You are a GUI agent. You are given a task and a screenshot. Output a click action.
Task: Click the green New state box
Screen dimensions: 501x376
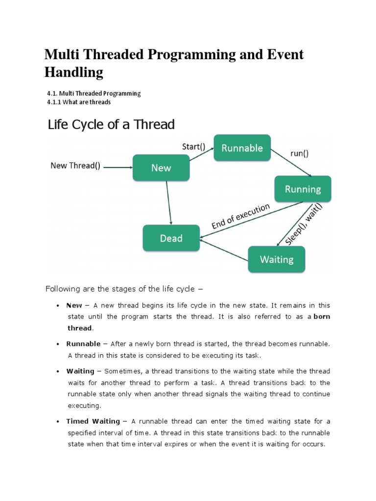[x=161, y=168]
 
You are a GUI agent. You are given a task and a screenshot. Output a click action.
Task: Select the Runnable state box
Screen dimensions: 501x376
[x=242, y=148]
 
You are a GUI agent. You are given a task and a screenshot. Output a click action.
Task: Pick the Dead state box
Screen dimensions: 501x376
[x=171, y=238]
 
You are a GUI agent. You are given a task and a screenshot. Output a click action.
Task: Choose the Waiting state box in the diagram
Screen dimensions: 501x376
[x=277, y=259]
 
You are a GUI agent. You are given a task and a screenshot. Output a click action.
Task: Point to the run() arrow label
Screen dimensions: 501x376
[x=300, y=154]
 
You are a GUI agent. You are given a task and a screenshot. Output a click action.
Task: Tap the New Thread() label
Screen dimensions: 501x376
[x=75, y=165]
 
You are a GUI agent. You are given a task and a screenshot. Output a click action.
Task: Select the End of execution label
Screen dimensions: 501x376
[x=240, y=216]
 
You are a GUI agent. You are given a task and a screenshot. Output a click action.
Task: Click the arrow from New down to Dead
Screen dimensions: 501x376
[x=168, y=203]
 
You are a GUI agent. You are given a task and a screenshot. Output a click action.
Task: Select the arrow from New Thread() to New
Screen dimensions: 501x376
[x=118, y=167]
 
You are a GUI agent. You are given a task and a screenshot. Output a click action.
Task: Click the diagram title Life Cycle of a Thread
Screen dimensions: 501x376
[x=111, y=124]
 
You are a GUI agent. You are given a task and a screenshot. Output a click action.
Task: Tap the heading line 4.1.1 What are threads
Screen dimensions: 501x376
[x=78, y=102]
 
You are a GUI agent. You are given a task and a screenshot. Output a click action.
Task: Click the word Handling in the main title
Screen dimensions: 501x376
[x=74, y=72]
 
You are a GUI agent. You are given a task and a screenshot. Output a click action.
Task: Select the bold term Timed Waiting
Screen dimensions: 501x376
[x=93, y=421]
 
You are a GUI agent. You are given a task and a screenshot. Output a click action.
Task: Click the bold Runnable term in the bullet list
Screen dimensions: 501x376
[x=83, y=344]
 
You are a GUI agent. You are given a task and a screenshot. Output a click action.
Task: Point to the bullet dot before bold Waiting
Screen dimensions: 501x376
[x=58, y=372]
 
